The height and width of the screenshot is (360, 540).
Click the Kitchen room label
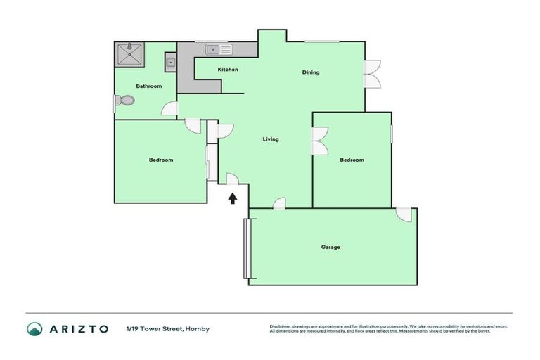click(228, 70)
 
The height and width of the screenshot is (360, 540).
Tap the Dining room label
click(311, 72)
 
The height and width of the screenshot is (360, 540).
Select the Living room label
click(271, 139)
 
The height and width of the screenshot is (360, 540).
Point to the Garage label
click(330, 247)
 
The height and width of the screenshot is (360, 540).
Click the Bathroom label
click(149, 86)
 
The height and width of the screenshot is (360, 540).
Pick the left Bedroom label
click(161, 160)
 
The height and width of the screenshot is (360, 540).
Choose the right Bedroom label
click(352, 160)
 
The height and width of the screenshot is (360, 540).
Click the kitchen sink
click(219, 49)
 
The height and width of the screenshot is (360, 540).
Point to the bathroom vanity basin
click(170, 63)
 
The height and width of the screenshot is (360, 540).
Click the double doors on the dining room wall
click(373, 73)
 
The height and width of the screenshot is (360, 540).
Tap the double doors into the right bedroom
click(320, 141)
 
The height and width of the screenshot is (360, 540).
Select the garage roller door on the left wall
click(246, 248)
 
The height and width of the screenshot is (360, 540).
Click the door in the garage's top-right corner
click(404, 214)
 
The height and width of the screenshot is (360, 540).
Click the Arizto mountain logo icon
click(34, 328)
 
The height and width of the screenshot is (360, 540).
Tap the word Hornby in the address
click(198, 329)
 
